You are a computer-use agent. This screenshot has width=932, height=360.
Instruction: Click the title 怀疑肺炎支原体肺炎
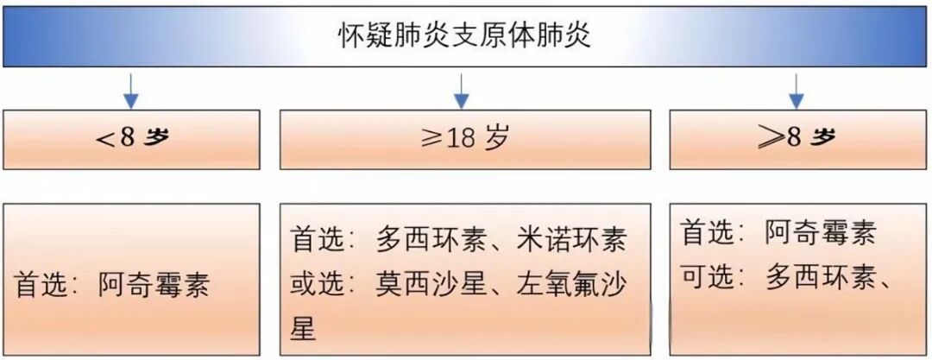click(x=465, y=37)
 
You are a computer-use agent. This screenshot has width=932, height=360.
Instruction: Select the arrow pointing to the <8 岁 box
click(x=130, y=91)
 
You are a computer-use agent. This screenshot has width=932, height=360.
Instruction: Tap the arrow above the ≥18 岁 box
click(x=462, y=91)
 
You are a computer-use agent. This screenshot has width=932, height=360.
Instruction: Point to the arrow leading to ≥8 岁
click(x=797, y=91)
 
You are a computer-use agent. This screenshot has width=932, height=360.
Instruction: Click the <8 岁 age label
click(x=130, y=138)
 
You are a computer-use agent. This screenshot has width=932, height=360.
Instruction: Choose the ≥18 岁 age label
click(x=464, y=138)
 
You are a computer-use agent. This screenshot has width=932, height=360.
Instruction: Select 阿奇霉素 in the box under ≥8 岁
click(x=820, y=232)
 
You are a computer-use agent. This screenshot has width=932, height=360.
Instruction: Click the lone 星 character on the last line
click(x=303, y=328)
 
